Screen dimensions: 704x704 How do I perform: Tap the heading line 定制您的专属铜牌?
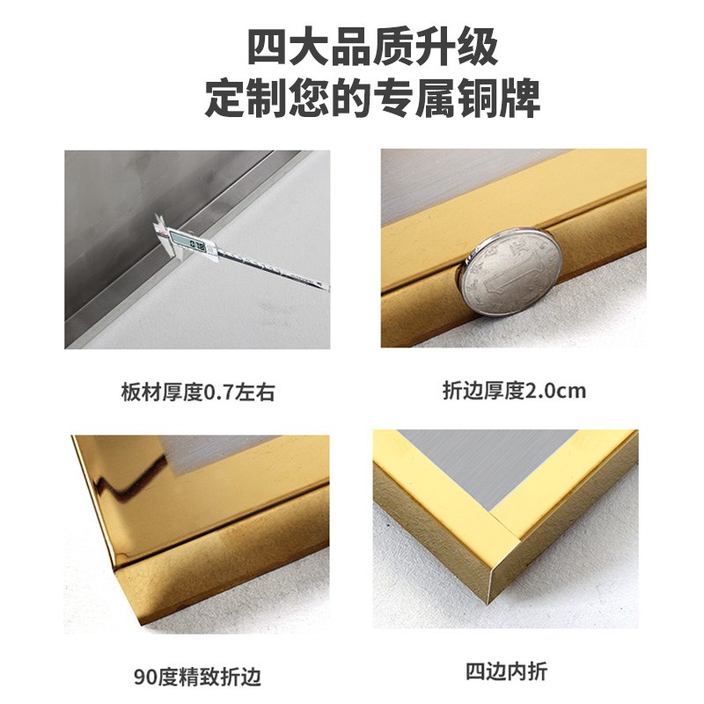click(x=352, y=99)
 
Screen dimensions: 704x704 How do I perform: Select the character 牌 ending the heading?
click(x=521, y=99)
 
